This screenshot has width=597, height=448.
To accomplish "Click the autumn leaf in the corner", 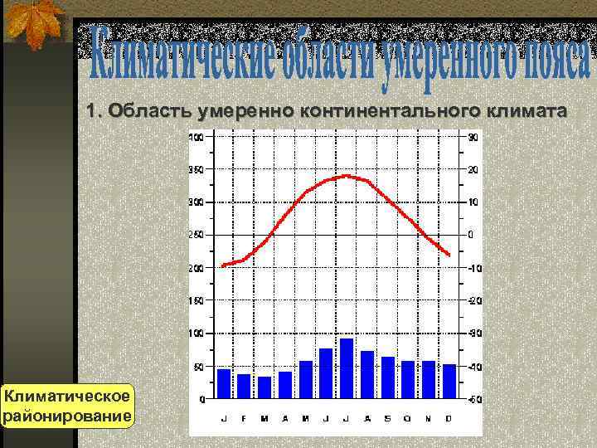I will pos(32,23).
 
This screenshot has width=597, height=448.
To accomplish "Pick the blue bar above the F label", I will pos(244,386).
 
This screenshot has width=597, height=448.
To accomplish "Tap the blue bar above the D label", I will pos(449,381).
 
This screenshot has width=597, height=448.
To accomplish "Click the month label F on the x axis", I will pos(244,418).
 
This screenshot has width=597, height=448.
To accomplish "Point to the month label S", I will pos(387,418).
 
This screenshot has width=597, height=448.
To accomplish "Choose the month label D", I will pos(449,418).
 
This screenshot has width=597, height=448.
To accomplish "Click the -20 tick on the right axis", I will pos(473,301).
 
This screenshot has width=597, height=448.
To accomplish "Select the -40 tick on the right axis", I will pos(473,367).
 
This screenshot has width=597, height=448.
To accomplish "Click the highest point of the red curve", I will pos(347,176).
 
